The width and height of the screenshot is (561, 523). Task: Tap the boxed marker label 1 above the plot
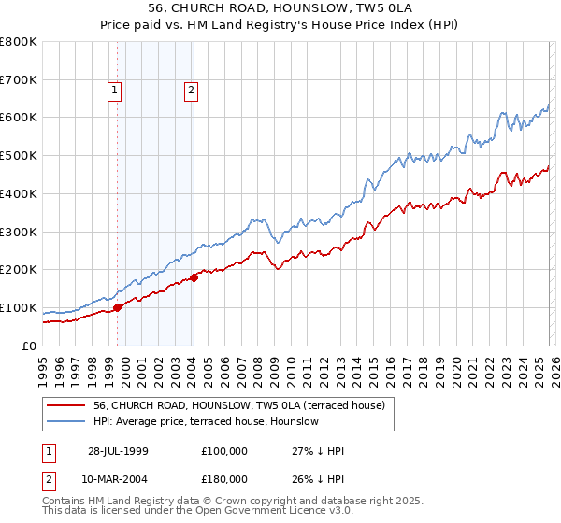pyautogui.click(x=114, y=91)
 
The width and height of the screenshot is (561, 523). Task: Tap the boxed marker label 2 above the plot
pyautogui.click(x=190, y=91)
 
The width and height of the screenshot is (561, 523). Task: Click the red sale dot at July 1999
pyautogui.click(x=118, y=307)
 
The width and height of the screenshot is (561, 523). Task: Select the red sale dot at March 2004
pyautogui.click(x=194, y=277)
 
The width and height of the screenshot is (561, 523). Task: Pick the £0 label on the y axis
pyautogui.click(x=30, y=346)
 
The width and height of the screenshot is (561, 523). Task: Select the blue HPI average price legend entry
pyautogui.click(x=206, y=421)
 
